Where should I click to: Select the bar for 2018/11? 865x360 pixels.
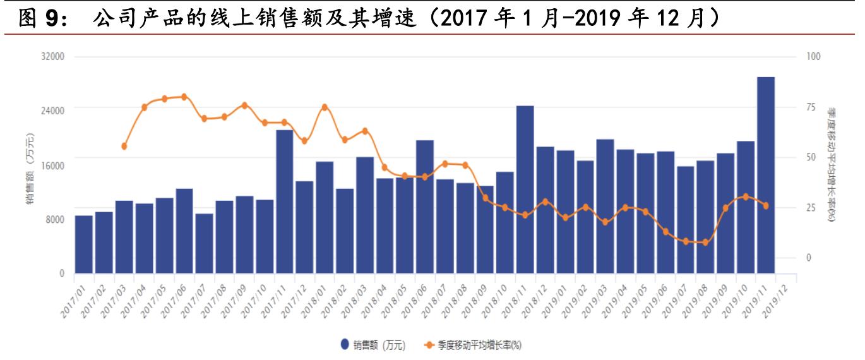tap(525, 189)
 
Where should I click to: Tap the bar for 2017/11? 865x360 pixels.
tap(284, 202)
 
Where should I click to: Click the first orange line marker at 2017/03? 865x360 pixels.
tap(124, 147)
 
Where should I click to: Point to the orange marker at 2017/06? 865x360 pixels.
tap(184, 97)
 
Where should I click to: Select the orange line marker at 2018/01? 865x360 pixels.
tap(325, 107)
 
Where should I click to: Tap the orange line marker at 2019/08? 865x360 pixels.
tap(705, 243)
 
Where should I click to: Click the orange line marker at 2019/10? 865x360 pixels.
tap(746, 197)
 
